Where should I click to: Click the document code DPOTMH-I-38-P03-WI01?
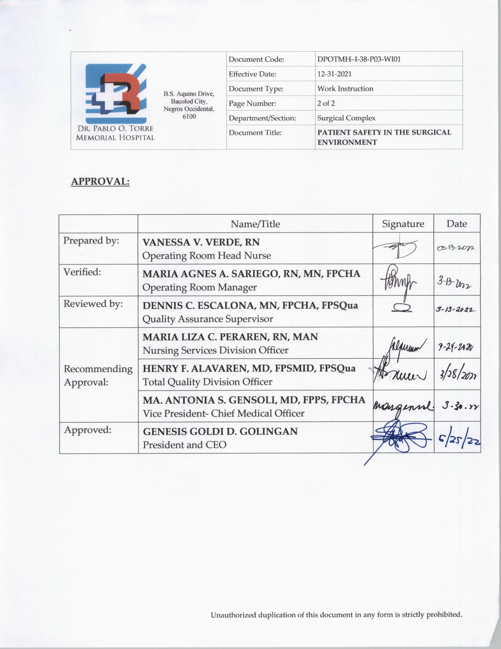[x=359, y=59]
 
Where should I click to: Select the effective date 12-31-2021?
[x=334, y=74]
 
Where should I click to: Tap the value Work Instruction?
[x=345, y=88]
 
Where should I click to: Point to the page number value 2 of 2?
[x=326, y=103]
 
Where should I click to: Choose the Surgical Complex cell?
[x=346, y=118]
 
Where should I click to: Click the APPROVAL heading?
[x=100, y=182]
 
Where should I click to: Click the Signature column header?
[x=403, y=224]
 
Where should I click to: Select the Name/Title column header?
[x=255, y=224]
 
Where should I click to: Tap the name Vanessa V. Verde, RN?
[x=201, y=242]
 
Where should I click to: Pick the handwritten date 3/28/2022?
[x=457, y=375]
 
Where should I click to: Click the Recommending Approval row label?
[x=98, y=375]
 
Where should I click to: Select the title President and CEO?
[x=184, y=445]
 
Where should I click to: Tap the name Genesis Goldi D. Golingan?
[x=220, y=431]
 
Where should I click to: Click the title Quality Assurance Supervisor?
[x=207, y=319]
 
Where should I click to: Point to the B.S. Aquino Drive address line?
[x=189, y=94]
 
